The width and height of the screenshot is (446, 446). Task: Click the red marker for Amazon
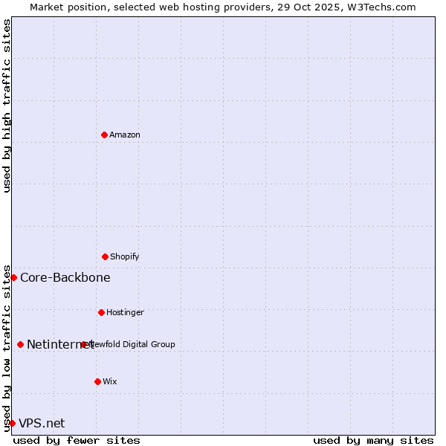(x=104, y=135)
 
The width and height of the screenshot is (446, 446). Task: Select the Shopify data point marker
(x=105, y=256)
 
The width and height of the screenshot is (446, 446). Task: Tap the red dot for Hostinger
(x=101, y=312)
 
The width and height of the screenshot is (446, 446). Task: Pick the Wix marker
(x=97, y=381)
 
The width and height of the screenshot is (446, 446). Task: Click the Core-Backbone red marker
(x=13, y=277)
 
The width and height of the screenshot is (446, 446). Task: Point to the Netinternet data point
(x=20, y=344)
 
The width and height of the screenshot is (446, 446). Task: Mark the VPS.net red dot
(x=12, y=423)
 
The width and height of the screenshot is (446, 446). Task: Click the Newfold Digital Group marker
(x=84, y=344)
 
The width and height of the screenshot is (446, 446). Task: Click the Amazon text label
(x=125, y=135)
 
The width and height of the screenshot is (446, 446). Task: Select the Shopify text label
(x=125, y=256)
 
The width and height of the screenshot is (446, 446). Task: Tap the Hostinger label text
(x=125, y=312)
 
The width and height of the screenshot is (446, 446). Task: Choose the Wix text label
(x=110, y=381)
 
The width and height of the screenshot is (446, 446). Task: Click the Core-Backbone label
(x=65, y=277)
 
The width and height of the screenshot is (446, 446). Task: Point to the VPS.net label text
(x=42, y=423)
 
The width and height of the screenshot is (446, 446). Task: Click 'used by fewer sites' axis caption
(x=77, y=440)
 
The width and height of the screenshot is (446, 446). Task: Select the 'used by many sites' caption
(x=373, y=440)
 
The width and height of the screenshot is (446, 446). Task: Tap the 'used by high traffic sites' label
(x=7, y=106)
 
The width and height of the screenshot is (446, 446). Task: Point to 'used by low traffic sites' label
(x=7, y=347)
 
